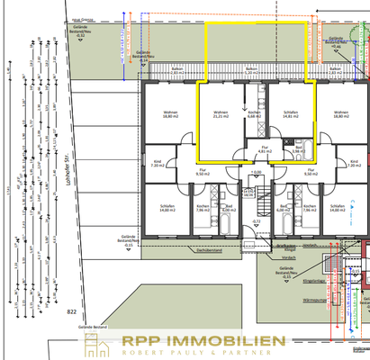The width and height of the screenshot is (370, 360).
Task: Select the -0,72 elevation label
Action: click(256, 221)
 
